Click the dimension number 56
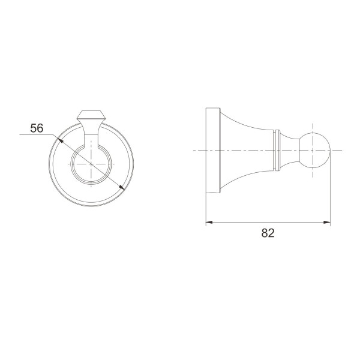pos(37,128)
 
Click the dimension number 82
pos(268,233)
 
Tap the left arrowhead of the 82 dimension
pos(209,222)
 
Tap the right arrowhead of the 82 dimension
pos(327,222)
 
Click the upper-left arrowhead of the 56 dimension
pos(60,140)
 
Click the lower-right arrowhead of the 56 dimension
pos(122,187)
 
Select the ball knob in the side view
pos(315,150)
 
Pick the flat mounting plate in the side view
pos(213,151)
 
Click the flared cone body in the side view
pos(248,151)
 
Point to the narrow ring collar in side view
pos(278,151)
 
